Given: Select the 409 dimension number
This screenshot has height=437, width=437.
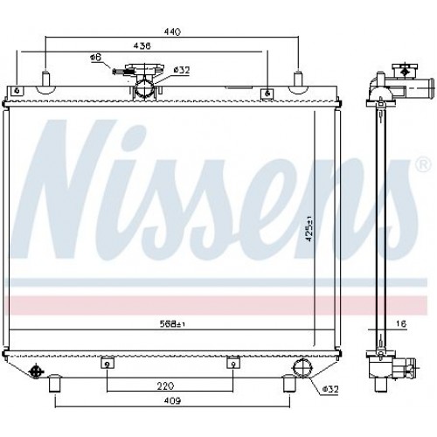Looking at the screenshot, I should (x=171, y=401).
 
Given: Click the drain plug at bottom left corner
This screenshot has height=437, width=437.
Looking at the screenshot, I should (x=37, y=370).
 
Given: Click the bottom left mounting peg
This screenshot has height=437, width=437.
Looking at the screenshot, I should (x=55, y=382).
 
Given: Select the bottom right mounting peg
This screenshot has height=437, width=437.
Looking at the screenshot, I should (x=288, y=382).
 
